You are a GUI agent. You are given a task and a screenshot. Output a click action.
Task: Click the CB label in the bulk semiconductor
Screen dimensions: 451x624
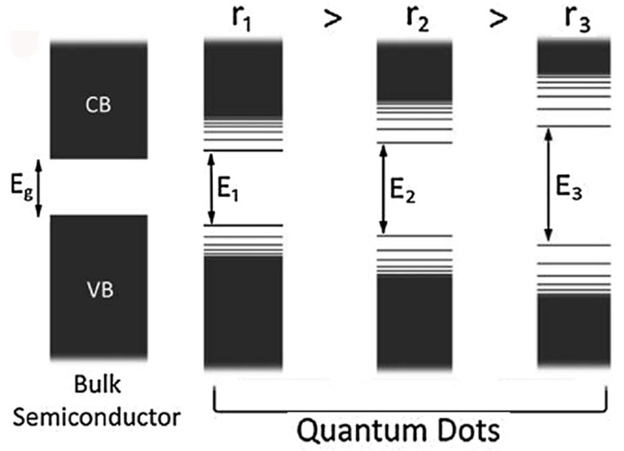pos(99,105)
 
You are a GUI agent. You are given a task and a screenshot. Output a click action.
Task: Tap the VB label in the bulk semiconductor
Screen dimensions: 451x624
pos(99,289)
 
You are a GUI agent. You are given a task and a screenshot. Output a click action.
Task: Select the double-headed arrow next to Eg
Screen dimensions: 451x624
pos(39,187)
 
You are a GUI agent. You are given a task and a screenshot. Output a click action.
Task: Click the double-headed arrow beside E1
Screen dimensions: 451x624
pos(211,189)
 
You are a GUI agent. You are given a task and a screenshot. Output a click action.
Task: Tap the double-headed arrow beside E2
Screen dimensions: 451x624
pos(383,189)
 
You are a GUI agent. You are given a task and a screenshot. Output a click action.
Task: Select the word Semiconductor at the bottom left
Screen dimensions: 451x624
pos(99,415)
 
